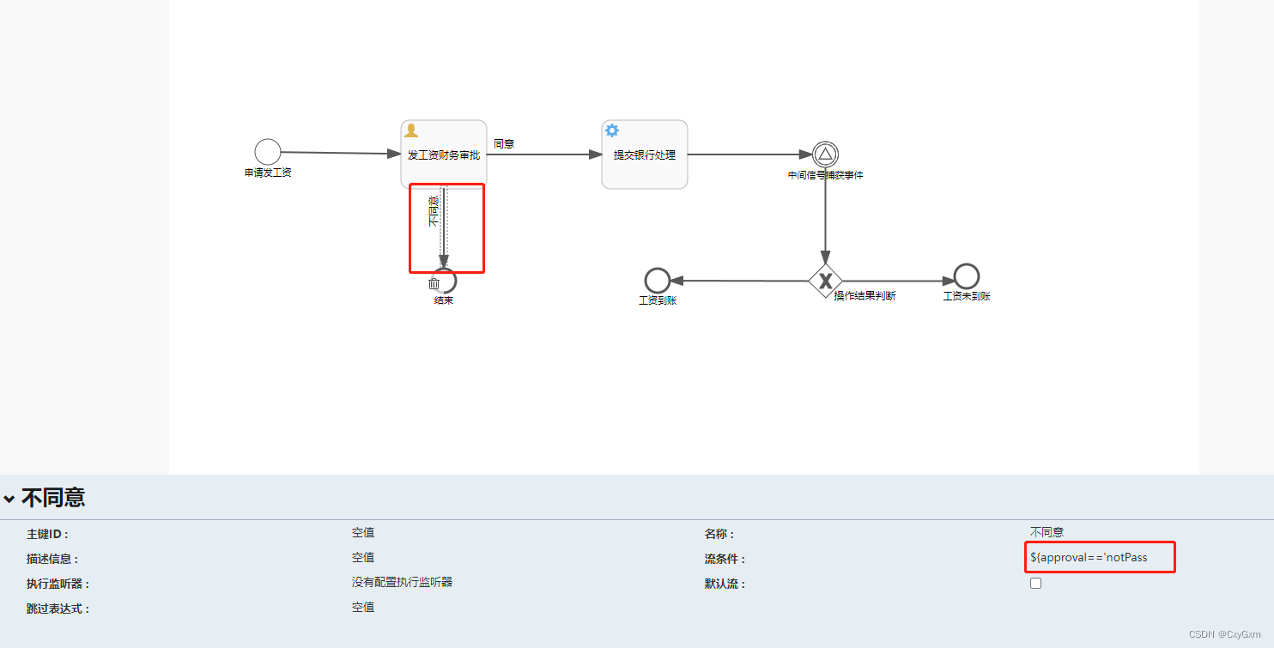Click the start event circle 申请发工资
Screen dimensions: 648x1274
268,152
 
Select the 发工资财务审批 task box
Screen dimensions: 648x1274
443,154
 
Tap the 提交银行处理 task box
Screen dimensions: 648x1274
644,154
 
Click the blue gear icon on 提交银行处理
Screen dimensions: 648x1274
612,130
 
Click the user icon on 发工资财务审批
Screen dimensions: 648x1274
411,130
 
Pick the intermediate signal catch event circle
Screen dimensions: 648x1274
825,154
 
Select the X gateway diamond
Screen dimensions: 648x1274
825,281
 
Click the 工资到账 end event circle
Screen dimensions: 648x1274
658,281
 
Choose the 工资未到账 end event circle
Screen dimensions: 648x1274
967,276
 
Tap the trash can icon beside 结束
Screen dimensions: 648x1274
434,283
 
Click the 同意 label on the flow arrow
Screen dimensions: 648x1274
504,144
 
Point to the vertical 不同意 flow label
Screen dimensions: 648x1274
434,211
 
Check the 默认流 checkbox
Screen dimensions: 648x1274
1036,584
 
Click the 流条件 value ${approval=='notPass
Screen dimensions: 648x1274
1089,558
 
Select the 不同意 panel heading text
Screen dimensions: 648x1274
53,498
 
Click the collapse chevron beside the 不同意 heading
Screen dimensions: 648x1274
9,499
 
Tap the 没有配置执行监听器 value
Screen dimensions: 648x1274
402,583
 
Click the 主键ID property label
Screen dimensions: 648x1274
47,535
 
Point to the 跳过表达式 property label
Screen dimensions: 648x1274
58,609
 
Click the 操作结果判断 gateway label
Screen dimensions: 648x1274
865,296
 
